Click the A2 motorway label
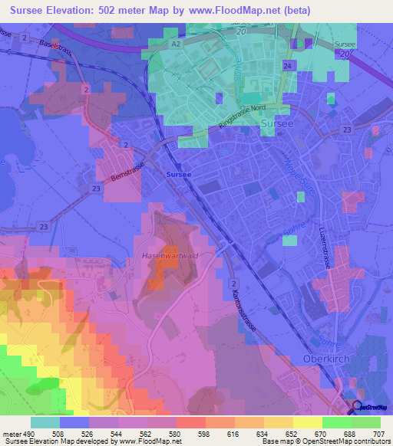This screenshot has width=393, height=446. tap(175, 45)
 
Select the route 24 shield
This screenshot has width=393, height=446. tap(287, 67)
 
